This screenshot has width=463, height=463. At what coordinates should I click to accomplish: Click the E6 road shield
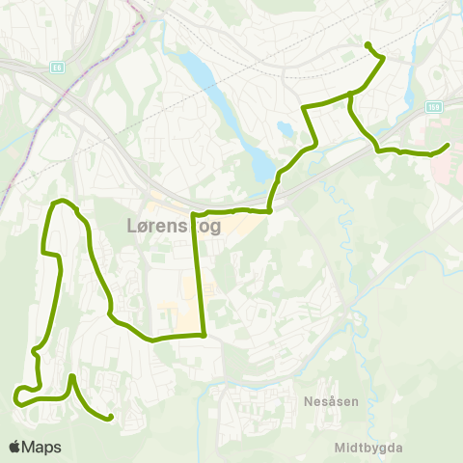[x=57, y=68]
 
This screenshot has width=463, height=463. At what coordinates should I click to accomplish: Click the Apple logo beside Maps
[x=14, y=448]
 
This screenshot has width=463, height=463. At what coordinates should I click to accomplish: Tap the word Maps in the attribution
[x=41, y=448]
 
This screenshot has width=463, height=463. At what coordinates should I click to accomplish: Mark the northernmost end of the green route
[x=368, y=44]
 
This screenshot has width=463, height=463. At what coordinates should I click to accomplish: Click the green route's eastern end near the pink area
[x=448, y=146]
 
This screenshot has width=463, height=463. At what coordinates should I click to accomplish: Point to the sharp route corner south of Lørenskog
[x=204, y=336]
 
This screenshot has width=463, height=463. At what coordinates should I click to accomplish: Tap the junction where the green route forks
[x=348, y=95]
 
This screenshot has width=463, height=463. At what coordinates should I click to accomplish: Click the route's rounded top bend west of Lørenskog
[x=64, y=201]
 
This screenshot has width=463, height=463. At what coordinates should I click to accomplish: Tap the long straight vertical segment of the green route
[x=200, y=275]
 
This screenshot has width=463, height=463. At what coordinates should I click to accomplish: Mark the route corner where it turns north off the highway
[x=270, y=208]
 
